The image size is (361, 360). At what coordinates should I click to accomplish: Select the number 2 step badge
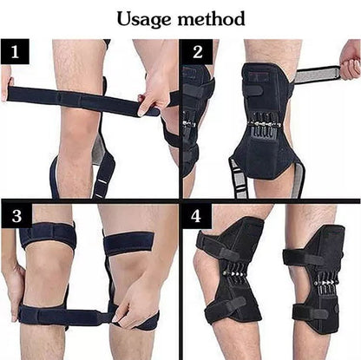196,52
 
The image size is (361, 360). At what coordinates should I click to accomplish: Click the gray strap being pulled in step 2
318,75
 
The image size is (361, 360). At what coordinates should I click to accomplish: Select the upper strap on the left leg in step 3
48,235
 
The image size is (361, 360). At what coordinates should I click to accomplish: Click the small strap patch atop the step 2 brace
255,88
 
